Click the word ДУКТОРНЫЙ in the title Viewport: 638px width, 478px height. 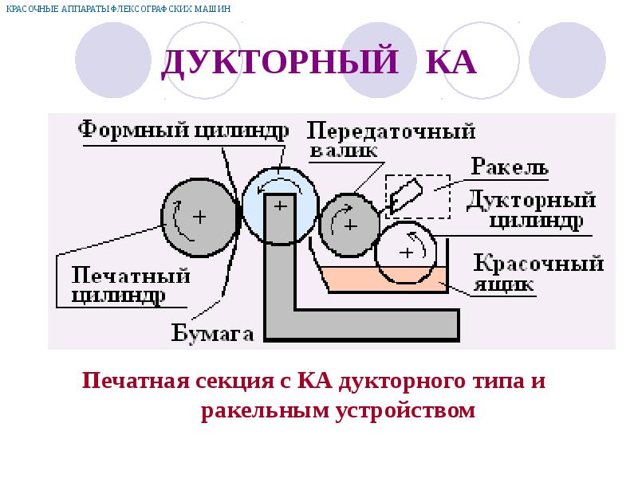pyautogui.click(x=281, y=62)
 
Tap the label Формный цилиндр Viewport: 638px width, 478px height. pyautogui.click(x=183, y=130)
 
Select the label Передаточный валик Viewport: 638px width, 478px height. pyautogui.click(x=391, y=139)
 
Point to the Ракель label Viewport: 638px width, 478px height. pyautogui.click(x=510, y=166)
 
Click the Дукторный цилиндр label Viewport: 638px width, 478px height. pyautogui.click(x=531, y=210)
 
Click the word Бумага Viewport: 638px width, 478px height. pyautogui.click(x=212, y=333)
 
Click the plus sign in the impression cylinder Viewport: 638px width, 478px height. pyautogui.click(x=199, y=217)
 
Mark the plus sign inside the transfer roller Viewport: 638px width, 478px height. pyautogui.click(x=351, y=225)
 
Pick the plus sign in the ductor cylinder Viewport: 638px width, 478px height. pyautogui.click(x=407, y=253)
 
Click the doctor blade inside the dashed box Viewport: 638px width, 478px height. pyautogui.click(x=406, y=194)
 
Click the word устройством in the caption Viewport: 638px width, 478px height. pyautogui.click(x=406, y=410)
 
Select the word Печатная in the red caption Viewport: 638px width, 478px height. pyautogui.click(x=136, y=381)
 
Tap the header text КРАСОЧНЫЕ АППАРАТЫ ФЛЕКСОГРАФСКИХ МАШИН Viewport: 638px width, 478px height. pyautogui.click(x=118, y=9)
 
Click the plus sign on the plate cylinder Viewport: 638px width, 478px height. pyautogui.click(x=281, y=206)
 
